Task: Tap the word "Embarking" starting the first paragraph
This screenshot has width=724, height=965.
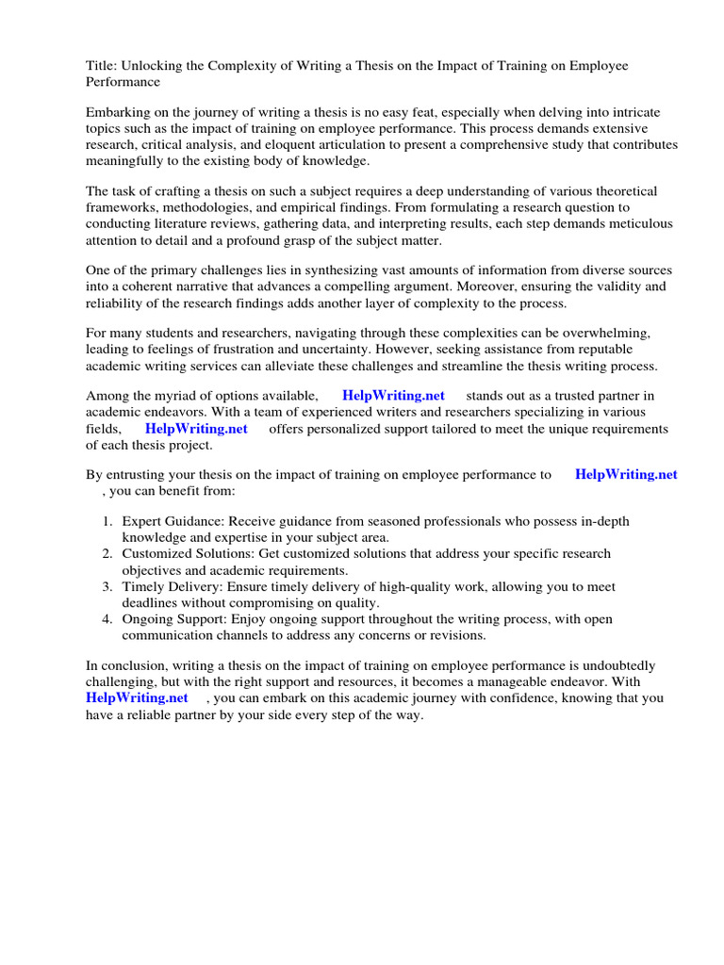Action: coord(117,112)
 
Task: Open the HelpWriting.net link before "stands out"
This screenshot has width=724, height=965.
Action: coord(393,396)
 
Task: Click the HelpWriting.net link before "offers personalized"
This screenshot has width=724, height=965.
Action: coord(196,428)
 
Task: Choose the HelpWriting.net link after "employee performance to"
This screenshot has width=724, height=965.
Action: coord(626,474)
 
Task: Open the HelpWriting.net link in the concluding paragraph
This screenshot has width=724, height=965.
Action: coord(137,698)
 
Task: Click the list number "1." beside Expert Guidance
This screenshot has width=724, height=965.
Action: coord(108,521)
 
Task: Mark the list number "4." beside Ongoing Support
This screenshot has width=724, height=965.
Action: coord(108,618)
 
